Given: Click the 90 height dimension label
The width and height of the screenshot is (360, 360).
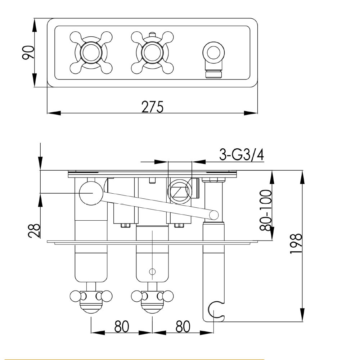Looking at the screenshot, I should (x=29, y=53).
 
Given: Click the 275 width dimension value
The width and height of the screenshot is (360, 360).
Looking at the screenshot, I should (x=152, y=107).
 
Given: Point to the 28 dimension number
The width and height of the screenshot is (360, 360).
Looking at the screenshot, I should (x=33, y=230).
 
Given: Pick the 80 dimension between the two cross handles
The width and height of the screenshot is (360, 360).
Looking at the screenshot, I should (x=122, y=327).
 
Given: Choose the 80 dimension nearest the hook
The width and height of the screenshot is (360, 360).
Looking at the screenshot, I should (x=183, y=327).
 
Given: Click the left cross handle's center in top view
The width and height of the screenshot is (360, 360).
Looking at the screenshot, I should (x=91, y=53).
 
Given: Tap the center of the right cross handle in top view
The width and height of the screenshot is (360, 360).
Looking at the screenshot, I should (x=152, y=53).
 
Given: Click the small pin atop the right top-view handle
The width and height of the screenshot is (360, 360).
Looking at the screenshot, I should (x=152, y=35).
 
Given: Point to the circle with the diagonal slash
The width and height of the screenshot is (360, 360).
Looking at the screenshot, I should (x=179, y=190).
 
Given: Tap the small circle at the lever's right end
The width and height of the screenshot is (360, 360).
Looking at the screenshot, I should (x=214, y=215).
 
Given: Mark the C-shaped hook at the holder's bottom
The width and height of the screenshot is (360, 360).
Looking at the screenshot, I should (x=216, y=310).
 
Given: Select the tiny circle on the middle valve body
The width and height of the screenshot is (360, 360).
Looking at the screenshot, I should (x=152, y=271).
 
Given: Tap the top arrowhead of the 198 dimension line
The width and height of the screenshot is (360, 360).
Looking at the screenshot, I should (x=302, y=174).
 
